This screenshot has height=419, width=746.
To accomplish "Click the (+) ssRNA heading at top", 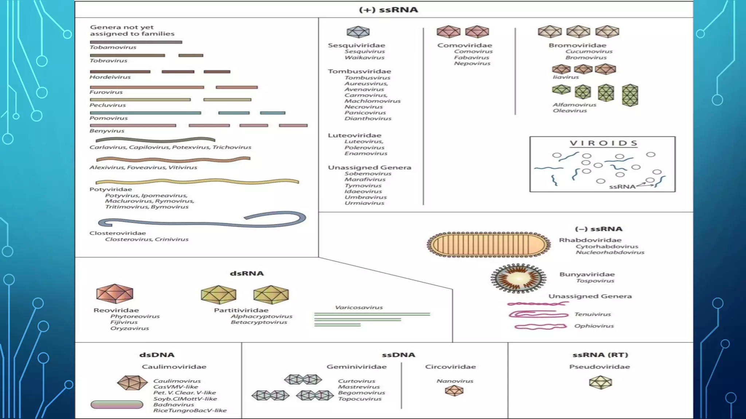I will click(x=388, y=10).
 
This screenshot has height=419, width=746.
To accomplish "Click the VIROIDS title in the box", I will click(x=604, y=143).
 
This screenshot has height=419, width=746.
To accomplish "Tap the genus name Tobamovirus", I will click(x=113, y=47).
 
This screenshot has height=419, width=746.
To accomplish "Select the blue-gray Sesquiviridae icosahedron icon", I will click(x=358, y=32).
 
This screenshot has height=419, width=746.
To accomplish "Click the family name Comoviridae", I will click(x=464, y=45).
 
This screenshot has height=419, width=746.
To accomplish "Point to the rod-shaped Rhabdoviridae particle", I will click(x=488, y=244).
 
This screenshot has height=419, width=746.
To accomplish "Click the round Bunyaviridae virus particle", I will click(x=518, y=279).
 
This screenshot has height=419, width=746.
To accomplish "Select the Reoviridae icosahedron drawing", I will click(x=115, y=294).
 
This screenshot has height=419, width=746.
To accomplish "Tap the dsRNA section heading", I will click(x=247, y=273).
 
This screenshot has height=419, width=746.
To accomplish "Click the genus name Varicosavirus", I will click(x=359, y=307).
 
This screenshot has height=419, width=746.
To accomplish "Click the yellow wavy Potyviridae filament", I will click(x=197, y=181).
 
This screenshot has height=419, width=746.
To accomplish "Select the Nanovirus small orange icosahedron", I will click(x=454, y=391).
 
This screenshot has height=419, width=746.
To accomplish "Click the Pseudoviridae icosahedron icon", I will click(x=600, y=382).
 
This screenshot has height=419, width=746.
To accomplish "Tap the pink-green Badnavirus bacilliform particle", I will click(x=117, y=404).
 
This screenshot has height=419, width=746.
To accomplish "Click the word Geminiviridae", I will click(x=356, y=367).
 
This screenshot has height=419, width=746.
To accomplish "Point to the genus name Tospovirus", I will click(x=595, y=280).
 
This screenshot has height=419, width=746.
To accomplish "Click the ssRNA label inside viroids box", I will click(x=622, y=187).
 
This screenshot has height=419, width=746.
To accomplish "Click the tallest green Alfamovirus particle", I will click(x=630, y=95).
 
